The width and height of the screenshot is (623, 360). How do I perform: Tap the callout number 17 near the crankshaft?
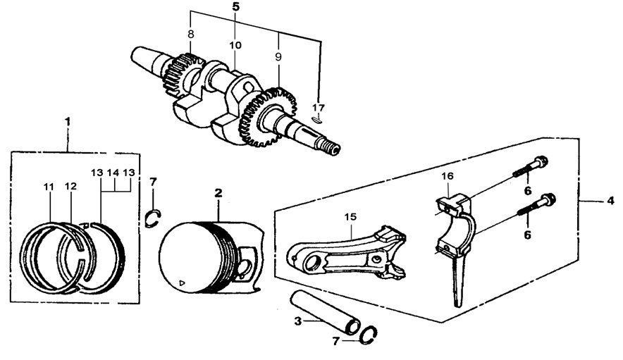319,106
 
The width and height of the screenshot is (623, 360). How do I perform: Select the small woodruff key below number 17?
316,120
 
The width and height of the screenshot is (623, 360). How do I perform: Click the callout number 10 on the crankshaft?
235,45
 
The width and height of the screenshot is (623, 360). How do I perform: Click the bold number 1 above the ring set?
68,121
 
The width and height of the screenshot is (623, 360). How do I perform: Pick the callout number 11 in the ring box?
48,187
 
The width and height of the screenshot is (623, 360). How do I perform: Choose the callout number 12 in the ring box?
70,187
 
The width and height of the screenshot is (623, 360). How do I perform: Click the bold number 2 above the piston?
218,192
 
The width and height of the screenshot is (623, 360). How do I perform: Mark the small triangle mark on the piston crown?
182,283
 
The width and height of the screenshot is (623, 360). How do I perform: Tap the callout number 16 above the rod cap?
446,176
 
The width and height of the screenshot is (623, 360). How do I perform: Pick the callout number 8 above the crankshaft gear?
190,33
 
